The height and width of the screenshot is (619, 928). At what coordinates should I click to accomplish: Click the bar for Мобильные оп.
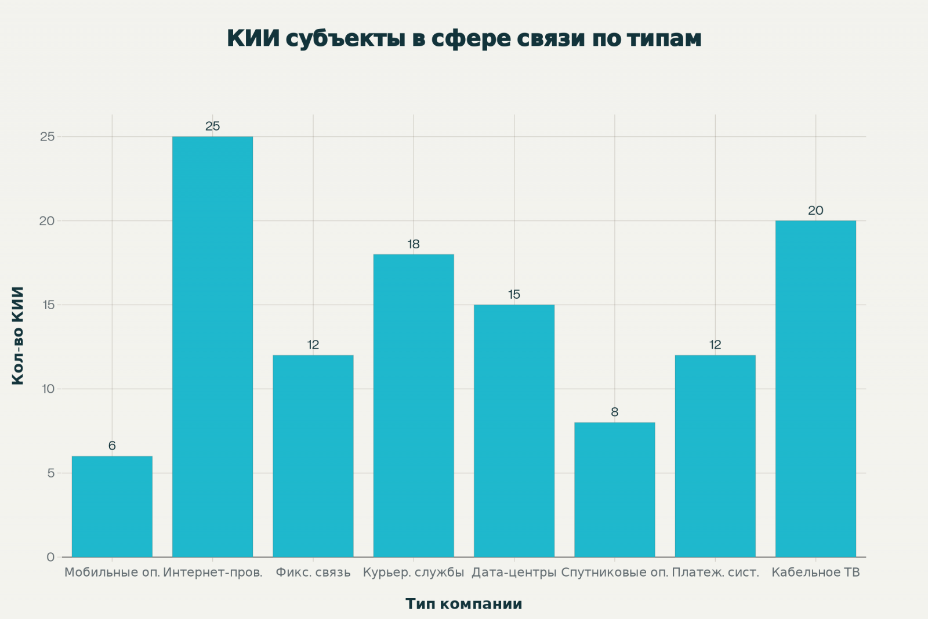point(112,506)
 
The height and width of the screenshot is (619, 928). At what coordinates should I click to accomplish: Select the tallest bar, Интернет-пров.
point(212,347)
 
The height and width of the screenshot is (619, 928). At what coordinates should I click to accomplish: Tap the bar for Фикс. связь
point(313,456)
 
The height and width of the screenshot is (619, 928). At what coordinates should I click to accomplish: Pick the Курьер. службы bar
point(414,406)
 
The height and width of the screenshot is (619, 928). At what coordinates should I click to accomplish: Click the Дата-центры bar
point(514,430)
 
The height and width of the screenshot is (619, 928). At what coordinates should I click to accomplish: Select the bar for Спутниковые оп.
point(615,490)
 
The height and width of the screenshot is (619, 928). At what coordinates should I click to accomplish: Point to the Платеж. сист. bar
point(715,456)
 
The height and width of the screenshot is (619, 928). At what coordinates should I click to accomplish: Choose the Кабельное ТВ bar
point(815,389)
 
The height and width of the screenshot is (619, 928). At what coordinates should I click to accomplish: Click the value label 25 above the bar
point(212,126)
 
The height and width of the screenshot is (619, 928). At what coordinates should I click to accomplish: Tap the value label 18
point(414,244)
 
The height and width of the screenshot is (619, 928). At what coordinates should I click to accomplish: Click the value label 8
point(615,412)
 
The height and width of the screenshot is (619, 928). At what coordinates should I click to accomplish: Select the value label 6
point(112,446)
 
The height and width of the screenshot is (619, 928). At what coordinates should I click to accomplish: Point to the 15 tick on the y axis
point(48,305)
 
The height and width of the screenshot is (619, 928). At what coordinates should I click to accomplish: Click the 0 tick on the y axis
point(51,557)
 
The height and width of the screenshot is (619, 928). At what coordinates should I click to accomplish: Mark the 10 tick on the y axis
point(48,389)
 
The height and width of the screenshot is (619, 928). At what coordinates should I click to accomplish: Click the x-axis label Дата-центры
point(514,573)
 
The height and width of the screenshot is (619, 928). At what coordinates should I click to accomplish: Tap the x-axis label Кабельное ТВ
point(815,573)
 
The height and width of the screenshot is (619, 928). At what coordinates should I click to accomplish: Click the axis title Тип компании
point(464,604)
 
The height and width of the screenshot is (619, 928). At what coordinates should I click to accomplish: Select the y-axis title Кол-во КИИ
point(18,335)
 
